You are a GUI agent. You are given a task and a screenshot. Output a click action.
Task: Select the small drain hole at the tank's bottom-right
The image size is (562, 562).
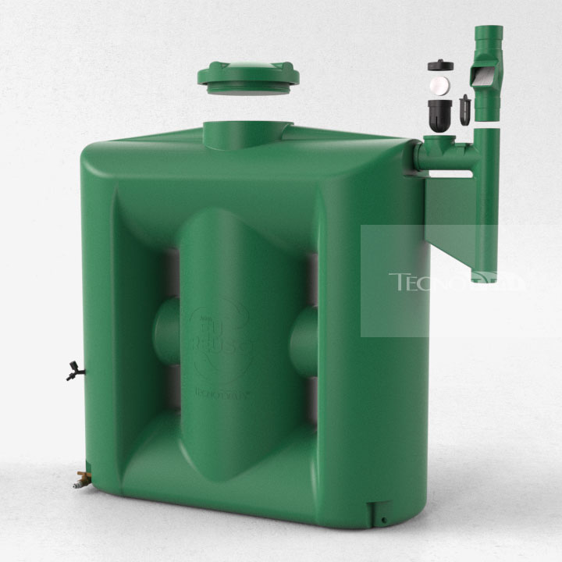click(x=383, y=519)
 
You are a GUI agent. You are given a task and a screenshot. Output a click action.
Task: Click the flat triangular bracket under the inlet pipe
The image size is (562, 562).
click(x=450, y=211)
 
